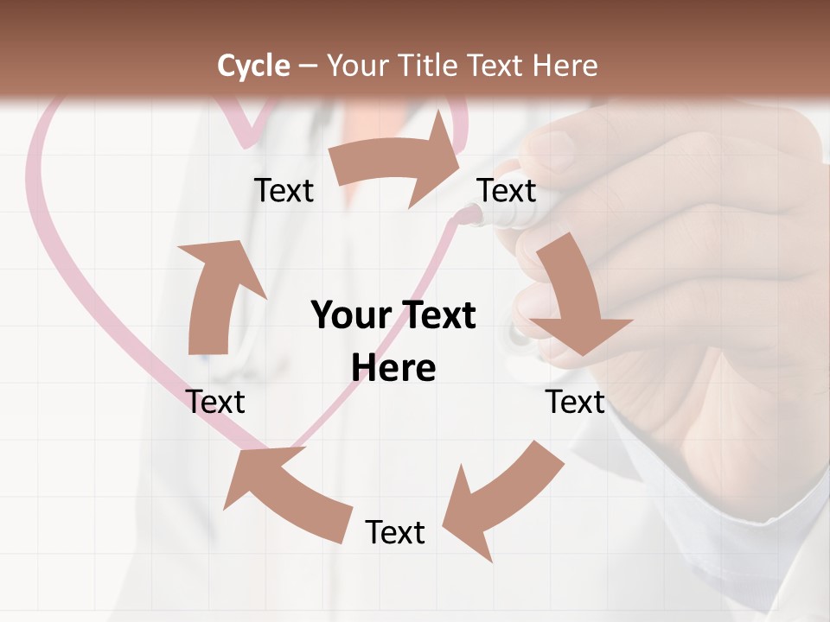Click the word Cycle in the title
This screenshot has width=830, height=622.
(x=253, y=66)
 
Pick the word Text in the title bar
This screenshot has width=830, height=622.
(x=501, y=66)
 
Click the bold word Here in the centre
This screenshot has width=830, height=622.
(x=393, y=368)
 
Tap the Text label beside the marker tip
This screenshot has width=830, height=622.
(x=507, y=190)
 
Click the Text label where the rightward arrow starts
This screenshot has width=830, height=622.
(x=284, y=190)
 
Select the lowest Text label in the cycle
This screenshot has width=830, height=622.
(x=395, y=532)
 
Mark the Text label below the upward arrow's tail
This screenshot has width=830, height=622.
(x=215, y=402)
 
